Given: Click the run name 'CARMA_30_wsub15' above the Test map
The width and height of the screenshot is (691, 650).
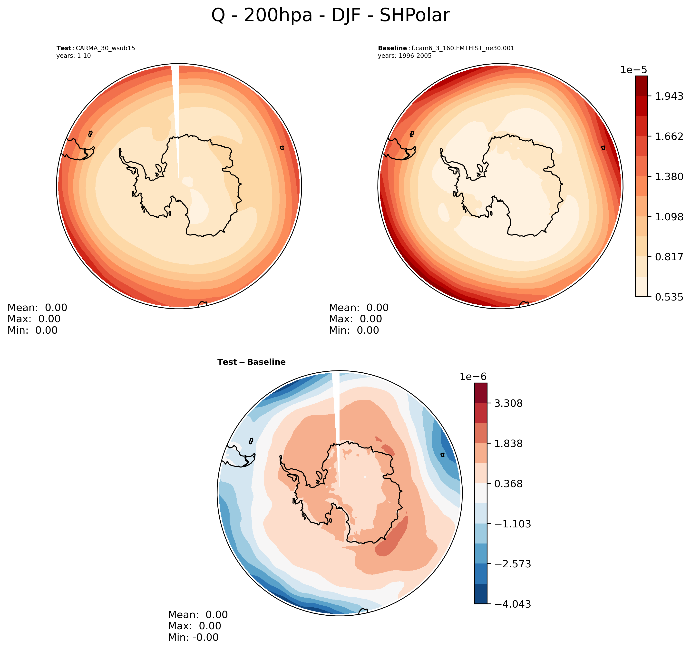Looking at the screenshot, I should tap(105, 48).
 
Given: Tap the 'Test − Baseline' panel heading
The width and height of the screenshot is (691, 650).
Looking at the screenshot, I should tap(251, 362).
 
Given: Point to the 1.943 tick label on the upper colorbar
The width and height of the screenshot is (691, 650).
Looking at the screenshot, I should tap(669, 96).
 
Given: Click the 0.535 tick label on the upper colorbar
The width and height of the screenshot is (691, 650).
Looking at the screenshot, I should tap(669, 297).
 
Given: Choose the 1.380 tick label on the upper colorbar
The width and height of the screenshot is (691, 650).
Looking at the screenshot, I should tap(669, 177).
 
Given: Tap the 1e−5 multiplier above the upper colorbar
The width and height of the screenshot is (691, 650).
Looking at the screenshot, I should tap(634, 70).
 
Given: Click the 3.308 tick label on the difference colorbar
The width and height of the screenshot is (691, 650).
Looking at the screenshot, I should tap(508, 404).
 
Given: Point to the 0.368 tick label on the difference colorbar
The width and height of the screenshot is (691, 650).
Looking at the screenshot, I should tap(508, 484).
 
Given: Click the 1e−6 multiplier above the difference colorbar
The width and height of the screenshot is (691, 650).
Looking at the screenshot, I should tap(473, 377).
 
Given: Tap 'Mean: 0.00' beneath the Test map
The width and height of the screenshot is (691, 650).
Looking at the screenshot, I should tap(37, 308).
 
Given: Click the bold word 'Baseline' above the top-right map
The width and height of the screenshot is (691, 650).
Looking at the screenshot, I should tap(392, 48).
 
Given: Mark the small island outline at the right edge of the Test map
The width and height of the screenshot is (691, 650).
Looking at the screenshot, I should tap(282, 148).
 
